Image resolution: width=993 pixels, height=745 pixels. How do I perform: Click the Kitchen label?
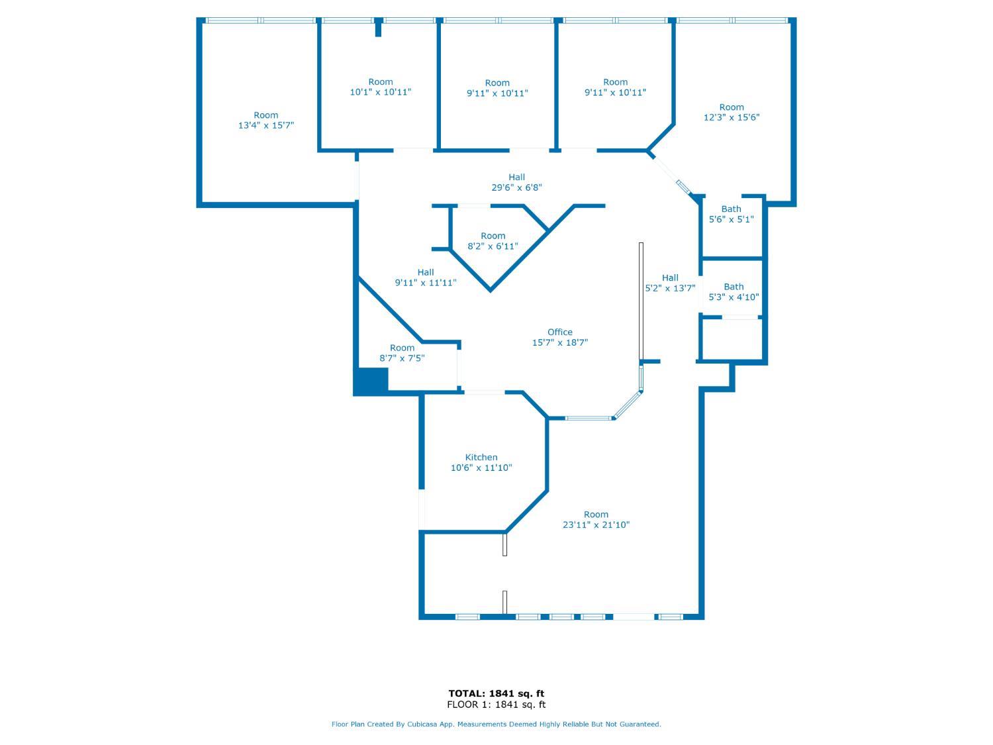click(481, 458)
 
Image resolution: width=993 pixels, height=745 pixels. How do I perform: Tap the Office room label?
click(559, 332)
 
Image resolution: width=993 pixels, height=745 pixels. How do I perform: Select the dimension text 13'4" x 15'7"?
click(266, 125)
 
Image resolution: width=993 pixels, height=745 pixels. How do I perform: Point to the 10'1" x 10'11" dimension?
click(381, 92)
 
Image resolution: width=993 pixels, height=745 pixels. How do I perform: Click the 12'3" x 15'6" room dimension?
click(732, 117)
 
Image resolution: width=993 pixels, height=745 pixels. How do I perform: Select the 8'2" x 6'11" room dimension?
click(493, 246)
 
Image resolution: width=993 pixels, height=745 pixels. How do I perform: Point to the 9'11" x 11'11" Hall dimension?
click(426, 283)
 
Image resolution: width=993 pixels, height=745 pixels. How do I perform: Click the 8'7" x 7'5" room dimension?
click(402, 358)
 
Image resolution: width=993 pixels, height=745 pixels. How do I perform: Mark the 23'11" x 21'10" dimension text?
click(596, 524)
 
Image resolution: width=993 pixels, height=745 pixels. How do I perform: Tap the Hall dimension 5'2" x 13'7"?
click(670, 288)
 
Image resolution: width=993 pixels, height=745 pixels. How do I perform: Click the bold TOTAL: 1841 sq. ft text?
click(496, 693)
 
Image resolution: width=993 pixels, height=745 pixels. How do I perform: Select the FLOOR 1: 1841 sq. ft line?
click(496, 705)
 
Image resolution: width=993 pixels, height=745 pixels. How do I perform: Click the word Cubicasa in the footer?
click(422, 724)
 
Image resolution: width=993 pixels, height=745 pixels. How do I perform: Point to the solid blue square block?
click(371, 382)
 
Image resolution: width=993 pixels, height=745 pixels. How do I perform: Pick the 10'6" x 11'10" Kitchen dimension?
click(481, 468)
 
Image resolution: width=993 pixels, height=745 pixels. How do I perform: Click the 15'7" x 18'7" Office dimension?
click(559, 342)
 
